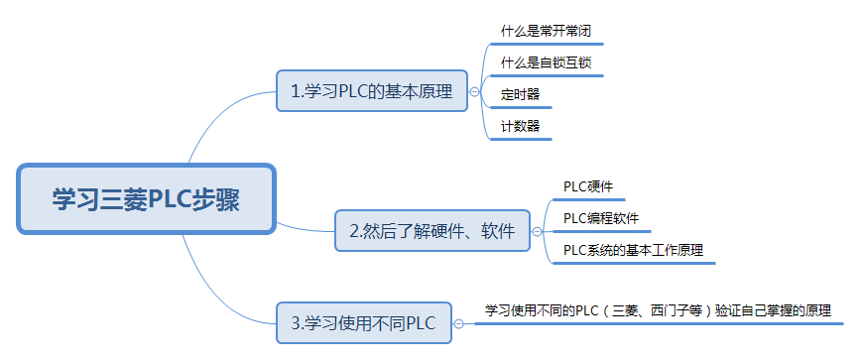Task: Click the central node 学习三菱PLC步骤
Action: tap(146, 198)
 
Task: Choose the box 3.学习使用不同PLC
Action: tap(363, 322)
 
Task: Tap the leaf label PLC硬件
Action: tap(588, 185)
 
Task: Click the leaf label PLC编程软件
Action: tap(601, 217)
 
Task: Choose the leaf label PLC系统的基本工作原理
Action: tap(633, 250)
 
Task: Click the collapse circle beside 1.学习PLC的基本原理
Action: tap(474, 92)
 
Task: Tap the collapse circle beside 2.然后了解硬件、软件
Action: tap(537, 231)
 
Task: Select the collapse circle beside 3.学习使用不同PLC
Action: tap(458, 322)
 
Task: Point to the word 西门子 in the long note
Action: tap(684, 310)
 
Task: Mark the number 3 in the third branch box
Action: tap(296, 323)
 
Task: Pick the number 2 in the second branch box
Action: tap(354, 232)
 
